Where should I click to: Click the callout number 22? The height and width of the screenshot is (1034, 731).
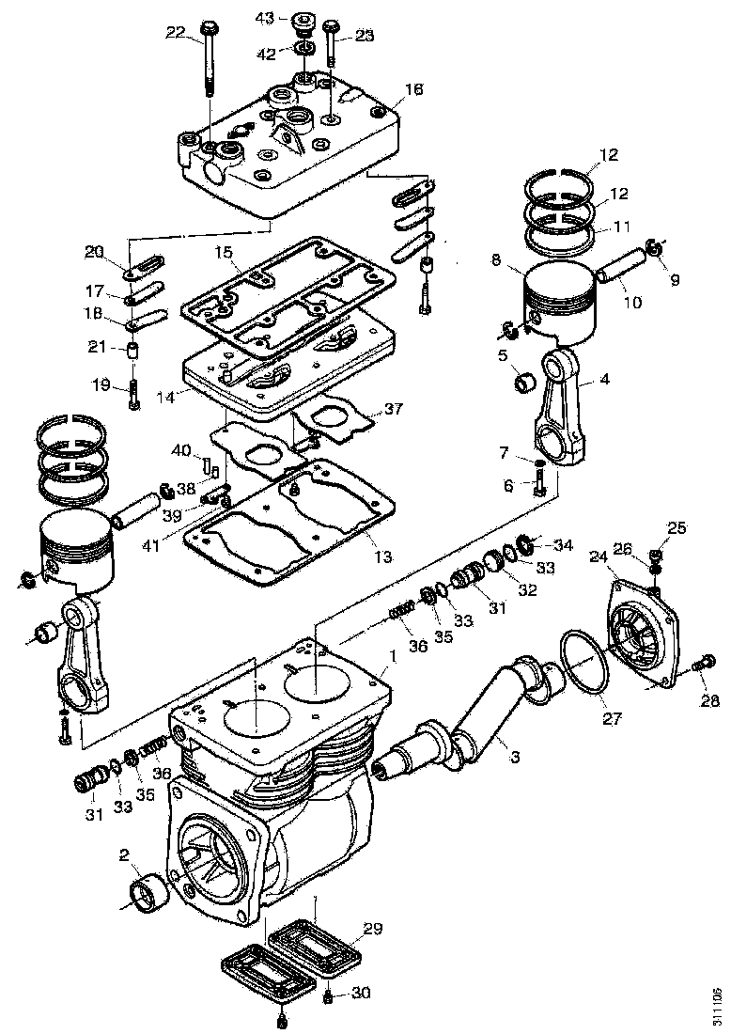pos(175,32)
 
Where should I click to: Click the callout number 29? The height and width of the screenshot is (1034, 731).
pos(373,929)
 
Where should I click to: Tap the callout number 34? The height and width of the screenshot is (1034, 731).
pos(563,544)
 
